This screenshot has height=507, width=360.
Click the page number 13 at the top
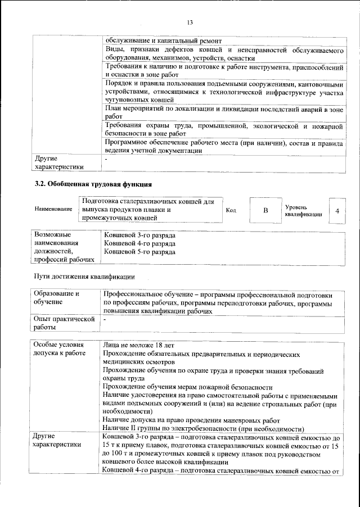tap(190, 22)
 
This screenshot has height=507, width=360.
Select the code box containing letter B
tap(265, 210)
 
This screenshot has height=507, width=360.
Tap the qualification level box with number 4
tap(336, 211)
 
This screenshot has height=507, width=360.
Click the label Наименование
tap(53, 210)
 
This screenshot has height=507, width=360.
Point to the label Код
tap(231, 211)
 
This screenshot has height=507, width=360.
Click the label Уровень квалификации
tap(303, 210)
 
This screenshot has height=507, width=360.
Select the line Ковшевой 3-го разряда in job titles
tap(139, 234)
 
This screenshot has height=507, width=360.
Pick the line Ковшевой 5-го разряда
tap(139, 252)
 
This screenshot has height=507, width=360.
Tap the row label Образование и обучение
tap(57, 298)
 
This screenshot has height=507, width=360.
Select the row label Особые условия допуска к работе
tap(59, 350)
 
